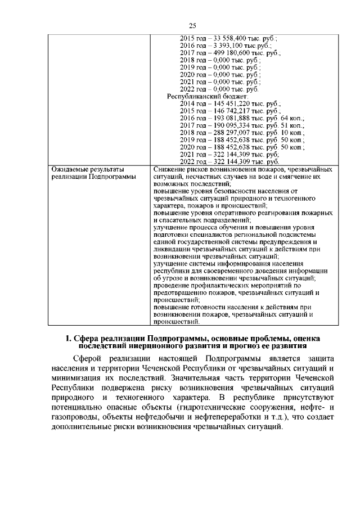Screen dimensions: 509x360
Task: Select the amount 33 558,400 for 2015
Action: tap(228, 38)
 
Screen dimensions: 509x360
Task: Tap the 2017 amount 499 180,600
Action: tap(231, 52)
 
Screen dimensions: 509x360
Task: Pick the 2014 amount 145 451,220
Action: tap(230, 103)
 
